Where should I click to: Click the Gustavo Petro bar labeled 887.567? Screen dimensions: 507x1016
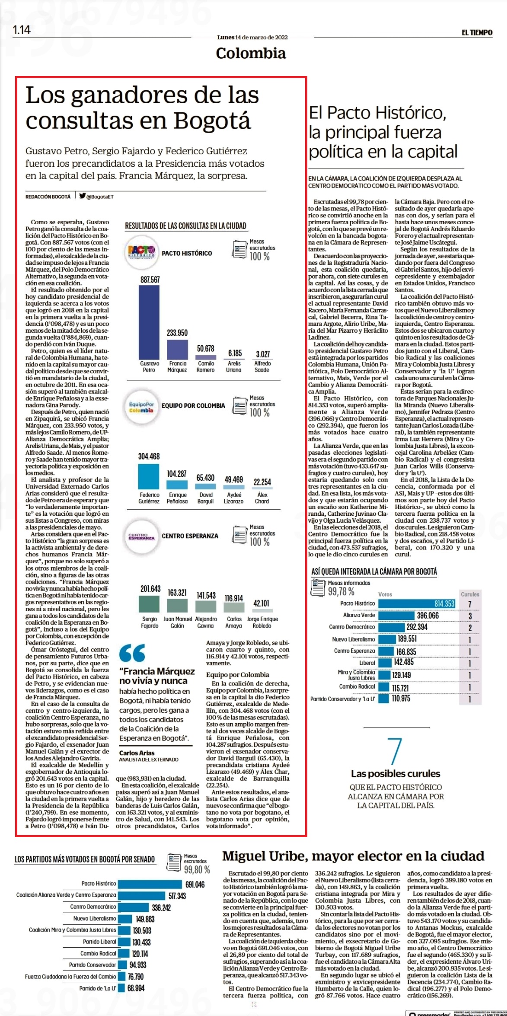(149, 322)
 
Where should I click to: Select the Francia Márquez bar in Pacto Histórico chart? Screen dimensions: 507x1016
(177, 349)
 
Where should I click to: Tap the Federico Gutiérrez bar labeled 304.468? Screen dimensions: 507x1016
(149, 476)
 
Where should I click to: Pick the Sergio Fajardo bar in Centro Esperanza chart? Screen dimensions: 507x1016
(149, 604)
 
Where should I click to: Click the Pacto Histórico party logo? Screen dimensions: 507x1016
(141, 252)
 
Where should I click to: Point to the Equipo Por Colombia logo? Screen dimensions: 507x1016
(141, 406)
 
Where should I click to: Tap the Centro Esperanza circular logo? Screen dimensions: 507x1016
(141, 536)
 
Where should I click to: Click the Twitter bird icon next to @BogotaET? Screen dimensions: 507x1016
(82, 195)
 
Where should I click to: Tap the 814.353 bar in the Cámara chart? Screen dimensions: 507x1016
(417, 603)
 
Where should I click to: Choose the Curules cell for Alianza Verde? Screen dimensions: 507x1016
(470, 616)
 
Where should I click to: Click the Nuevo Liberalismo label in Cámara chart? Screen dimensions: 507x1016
(354, 639)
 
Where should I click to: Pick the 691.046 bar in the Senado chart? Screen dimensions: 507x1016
(150, 884)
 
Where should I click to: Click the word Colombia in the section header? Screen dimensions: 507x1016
(251, 54)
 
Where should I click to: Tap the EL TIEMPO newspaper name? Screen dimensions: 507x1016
(477, 32)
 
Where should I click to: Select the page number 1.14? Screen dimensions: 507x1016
(22, 30)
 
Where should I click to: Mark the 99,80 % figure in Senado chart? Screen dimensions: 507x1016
(197, 869)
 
